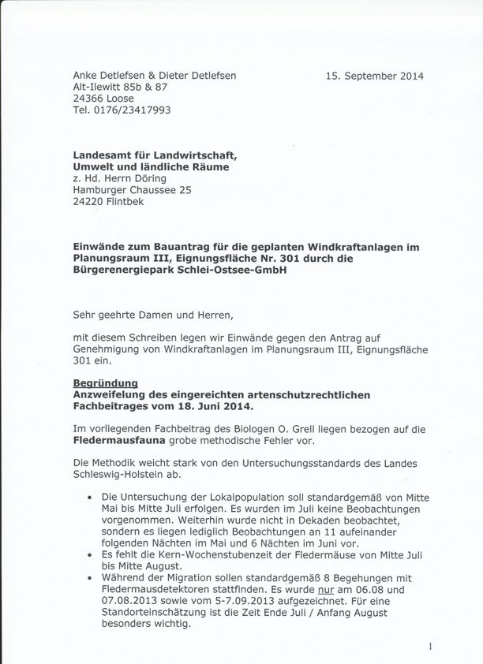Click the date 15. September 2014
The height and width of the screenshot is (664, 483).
[374, 76]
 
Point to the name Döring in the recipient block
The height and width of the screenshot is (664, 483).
[148, 178]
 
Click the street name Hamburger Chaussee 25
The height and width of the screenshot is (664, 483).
[132, 190]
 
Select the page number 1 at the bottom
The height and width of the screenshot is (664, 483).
[430, 647]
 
